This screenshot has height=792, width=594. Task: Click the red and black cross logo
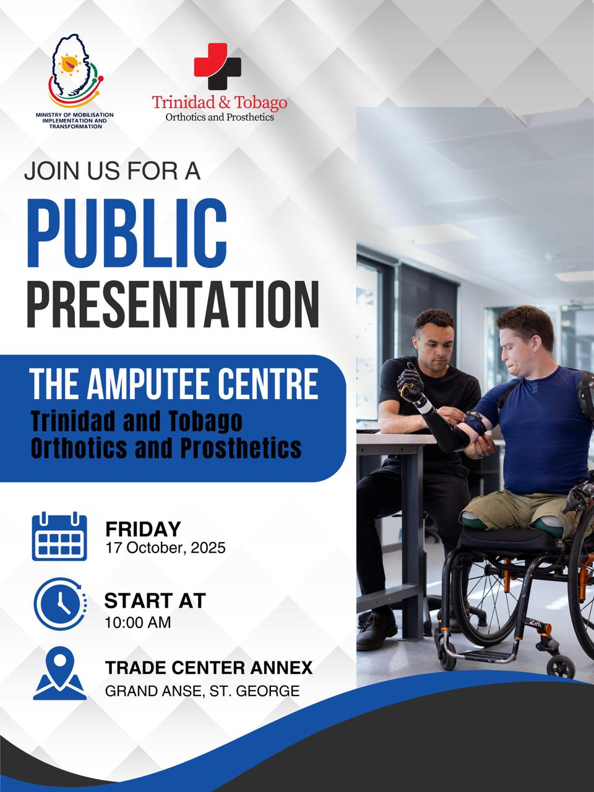217,67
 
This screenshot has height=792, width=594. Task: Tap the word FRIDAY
143,529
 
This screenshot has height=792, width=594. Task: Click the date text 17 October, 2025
165,548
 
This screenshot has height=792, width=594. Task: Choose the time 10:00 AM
138,622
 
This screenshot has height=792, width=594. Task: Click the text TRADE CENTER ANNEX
209,668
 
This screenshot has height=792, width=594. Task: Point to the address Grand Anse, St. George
202,691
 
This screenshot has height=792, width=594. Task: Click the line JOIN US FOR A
112,171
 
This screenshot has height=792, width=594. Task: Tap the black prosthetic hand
410,382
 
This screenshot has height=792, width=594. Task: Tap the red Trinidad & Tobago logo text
220,101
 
